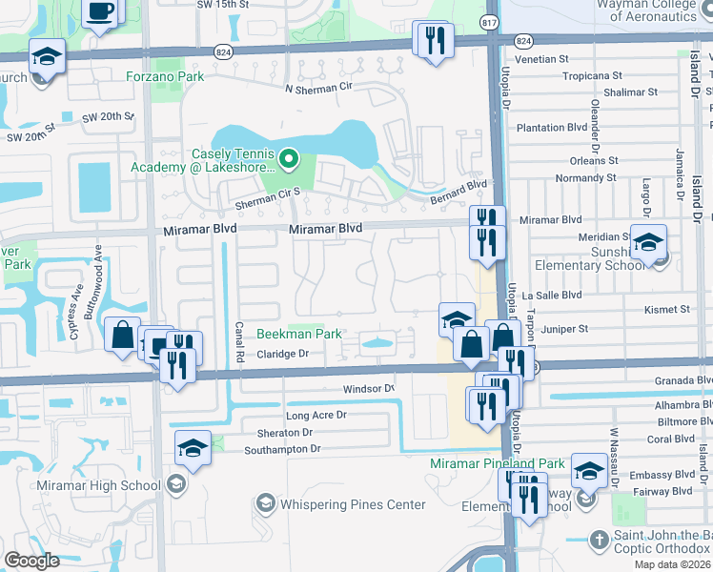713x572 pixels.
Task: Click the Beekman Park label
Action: pyautogui.click(x=299, y=335)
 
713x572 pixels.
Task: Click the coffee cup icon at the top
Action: pyautogui.click(x=99, y=11)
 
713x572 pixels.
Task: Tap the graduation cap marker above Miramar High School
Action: pyautogui.click(x=192, y=446)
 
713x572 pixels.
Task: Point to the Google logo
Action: pyautogui.click(x=31, y=561)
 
